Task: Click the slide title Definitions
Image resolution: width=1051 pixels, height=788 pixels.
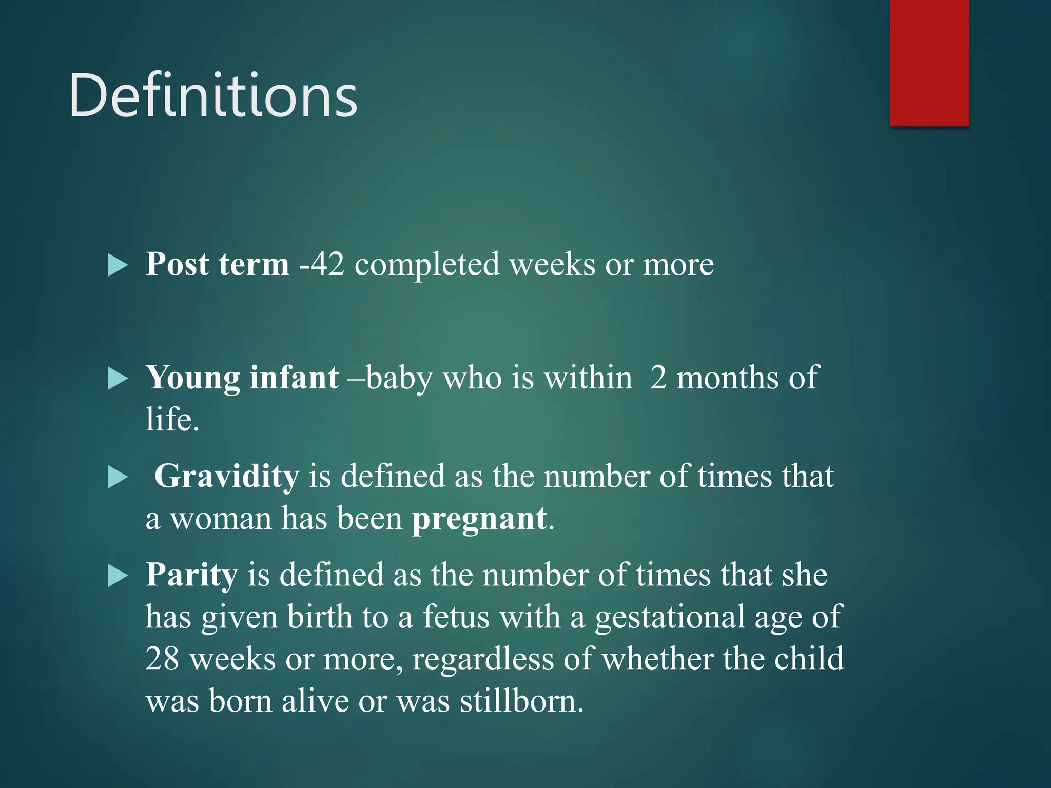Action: coord(213,95)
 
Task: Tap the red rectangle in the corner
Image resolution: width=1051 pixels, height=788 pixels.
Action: coord(929,63)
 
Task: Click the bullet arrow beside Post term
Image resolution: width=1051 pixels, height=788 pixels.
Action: coord(118,266)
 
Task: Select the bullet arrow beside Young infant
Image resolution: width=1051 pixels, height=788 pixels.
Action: coord(118,379)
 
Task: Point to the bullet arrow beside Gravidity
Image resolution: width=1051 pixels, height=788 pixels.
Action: coord(118,478)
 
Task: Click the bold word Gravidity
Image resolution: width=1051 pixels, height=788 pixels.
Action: coord(226,476)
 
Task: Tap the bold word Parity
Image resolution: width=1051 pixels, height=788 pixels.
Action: coord(191,575)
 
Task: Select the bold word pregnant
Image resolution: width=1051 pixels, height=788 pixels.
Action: coord(479,519)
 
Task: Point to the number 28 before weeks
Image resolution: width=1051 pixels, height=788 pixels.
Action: coord(162,658)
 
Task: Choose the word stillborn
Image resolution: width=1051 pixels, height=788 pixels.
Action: coord(521,701)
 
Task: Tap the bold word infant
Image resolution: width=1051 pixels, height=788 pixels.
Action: coord(294,378)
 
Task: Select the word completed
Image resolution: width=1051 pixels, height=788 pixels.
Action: coord(426,265)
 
